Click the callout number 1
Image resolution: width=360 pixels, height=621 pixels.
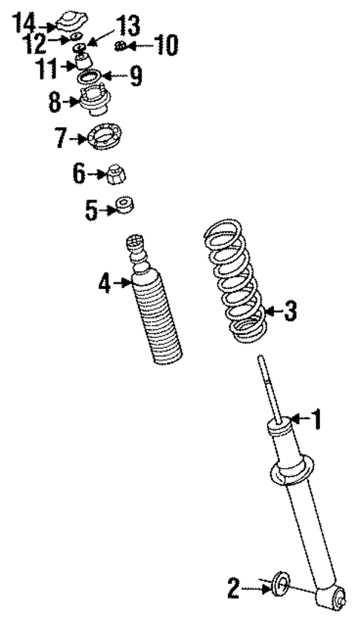(x=317, y=421)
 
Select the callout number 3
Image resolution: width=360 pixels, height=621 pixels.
(x=290, y=311)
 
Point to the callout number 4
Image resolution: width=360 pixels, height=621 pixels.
(x=105, y=283)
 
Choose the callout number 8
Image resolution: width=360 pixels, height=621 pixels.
(x=54, y=102)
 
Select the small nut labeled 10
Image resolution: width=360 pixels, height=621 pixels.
(x=120, y=48)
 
